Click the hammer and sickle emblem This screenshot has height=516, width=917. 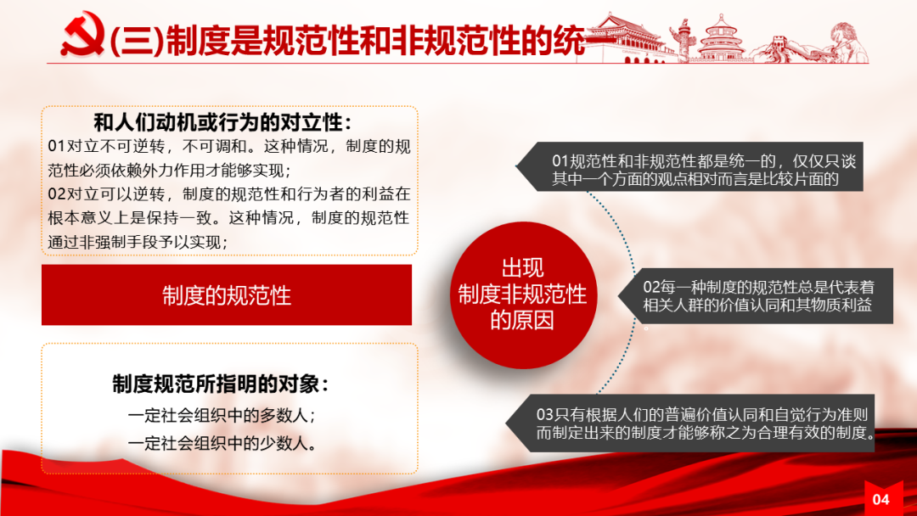(83, 34)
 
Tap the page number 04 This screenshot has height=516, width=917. (880, 500)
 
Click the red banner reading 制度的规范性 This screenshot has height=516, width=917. (227, 294)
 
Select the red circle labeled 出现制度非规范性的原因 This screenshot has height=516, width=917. (522, 294)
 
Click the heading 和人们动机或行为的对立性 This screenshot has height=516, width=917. (222, 123)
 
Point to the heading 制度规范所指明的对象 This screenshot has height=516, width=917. (220, 384)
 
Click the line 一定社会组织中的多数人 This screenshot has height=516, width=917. (221, 415)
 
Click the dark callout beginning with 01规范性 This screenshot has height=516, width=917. (690, 166)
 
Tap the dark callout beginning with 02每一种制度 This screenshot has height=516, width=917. (757, 295)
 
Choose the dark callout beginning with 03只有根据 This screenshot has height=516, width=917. (690, 423)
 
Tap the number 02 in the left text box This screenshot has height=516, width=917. (57, 194)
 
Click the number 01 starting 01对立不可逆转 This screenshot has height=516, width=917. (57, 146)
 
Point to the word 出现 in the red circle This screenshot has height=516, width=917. (522, 268)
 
